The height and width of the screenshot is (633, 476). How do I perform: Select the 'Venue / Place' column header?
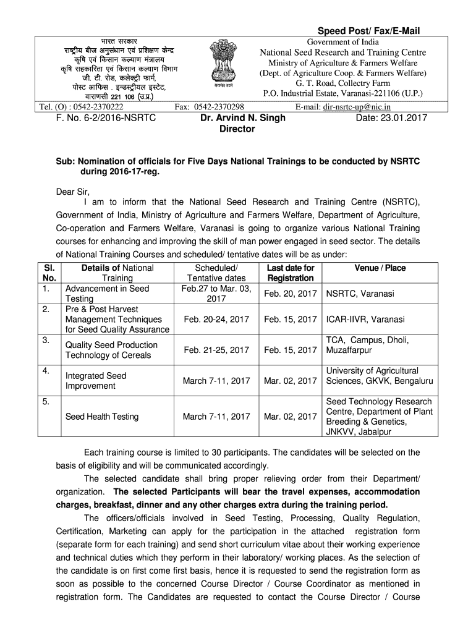coord(380,268)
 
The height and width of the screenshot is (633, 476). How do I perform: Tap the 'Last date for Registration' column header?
coord(291,273)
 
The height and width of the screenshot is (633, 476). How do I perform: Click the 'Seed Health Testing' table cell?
coord(102,417)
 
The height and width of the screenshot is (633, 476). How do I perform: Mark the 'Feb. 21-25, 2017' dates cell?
coord(216,350)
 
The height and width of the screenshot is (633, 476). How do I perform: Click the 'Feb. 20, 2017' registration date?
coord(291,294)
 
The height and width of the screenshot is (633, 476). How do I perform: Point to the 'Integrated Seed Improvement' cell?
coord(96,381)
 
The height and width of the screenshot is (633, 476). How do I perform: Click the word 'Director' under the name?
coord(237,129)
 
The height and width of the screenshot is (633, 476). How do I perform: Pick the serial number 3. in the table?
coord(46,340)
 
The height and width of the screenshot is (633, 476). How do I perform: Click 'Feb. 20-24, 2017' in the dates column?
coord(216,319)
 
